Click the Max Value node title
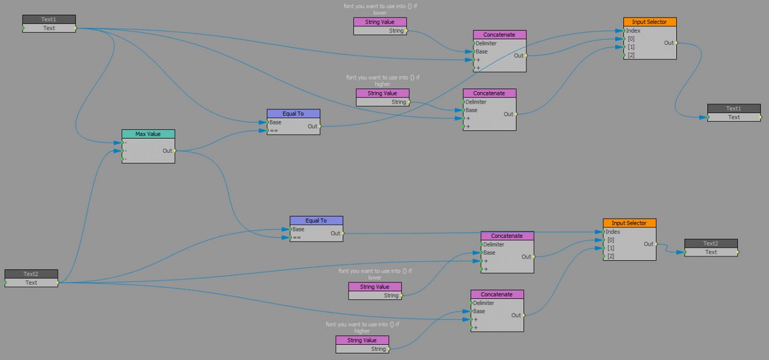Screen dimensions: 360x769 point(148,134)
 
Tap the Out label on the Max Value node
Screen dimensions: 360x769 point(167,151)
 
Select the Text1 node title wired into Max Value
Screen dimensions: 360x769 point(49,19)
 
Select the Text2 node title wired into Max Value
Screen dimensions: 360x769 point(31,274)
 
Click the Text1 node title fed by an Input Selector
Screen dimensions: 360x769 point(734,108)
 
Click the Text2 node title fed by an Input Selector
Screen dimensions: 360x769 point(711,244)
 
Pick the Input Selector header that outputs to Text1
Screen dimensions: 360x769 point(649,22)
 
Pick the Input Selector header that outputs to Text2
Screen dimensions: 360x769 point(629,223)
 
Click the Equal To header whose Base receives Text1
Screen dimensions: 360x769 point(293,114)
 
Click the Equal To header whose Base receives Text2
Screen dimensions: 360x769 point(316,221)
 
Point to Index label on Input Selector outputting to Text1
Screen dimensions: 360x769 point(633,30)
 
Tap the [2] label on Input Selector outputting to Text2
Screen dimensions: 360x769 point(611,256)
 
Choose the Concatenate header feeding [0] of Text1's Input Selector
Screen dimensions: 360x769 point(499,35)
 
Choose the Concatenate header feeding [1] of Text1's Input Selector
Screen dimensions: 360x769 point(489,93)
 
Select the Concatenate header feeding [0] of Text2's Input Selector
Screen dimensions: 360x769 point(507,236)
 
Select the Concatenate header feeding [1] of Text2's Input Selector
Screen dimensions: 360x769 point(497,295)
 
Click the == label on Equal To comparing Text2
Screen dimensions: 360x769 point(297,238)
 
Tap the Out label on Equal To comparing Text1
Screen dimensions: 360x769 point(312,127)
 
